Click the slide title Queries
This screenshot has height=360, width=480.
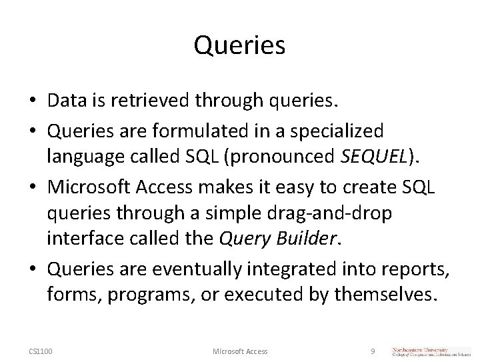(239, 46)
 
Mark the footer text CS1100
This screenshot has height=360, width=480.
(41, 351)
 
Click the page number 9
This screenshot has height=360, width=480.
(373, 351)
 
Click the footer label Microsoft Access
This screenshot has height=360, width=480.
(239, 351)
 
